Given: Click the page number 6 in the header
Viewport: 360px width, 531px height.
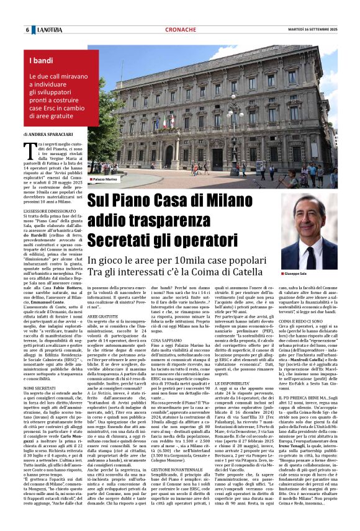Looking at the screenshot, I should pyautogui.click(x=27, y=30).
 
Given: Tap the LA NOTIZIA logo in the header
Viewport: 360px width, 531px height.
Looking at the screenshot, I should pyautogui.click(x=49, y=30).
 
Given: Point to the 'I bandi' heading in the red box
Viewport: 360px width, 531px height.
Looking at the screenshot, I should pyautogui.click(x=42, y=60).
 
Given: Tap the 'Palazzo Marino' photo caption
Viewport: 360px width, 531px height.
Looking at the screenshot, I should pyautogui.click(x=104, y=179).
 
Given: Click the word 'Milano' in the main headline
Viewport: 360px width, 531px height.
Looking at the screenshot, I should pyautogui.click(x=230, y=200).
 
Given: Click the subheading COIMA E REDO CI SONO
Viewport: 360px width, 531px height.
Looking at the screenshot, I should pyautogui.click(x=302, y=321).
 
